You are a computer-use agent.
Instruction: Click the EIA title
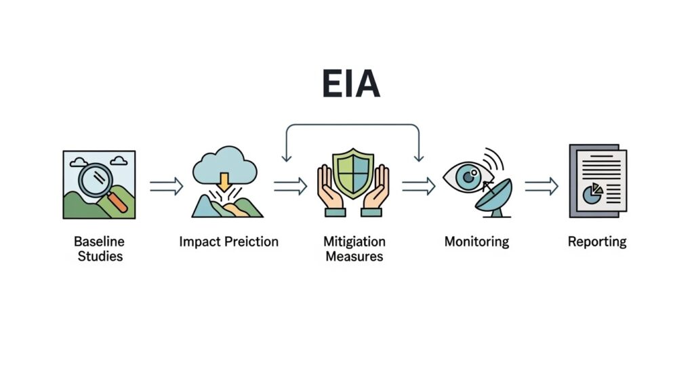pyautogui.click(x=350, y=83)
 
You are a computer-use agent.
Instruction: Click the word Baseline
pyautogui.click(x=99, y=242)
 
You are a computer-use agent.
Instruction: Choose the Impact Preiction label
pyautogui.click(x=228, y=242)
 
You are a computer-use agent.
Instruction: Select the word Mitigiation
pyautogui.click(x=354, y=242)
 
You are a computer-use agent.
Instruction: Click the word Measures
pyautogui.click(x=354, y=256)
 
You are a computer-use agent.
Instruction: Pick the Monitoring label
pyautogui.click(x=476, y=242)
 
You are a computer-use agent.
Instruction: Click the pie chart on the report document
pyautogui.click(x=593, y=193)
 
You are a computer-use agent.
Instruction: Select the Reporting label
pyautogui.click(x=597, y=242)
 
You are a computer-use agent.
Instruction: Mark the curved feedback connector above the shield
pyautogui.click(x=352, y=125)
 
